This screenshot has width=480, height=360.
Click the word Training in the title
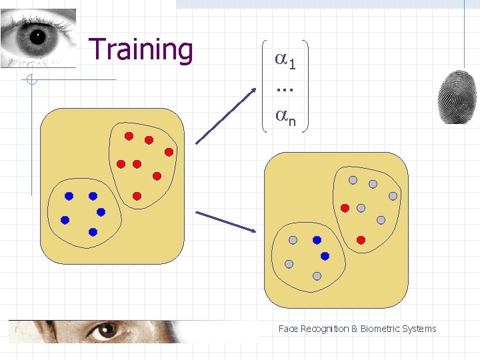(141, 49)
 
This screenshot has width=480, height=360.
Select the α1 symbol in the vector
(285, 61)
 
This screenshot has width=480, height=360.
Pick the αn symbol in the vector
(286, 116)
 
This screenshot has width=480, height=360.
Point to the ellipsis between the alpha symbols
(285, 89)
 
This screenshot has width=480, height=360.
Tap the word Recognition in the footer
(325, 329)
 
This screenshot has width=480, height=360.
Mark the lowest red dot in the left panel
(137, 196)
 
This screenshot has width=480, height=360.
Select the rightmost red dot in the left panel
(169, 151)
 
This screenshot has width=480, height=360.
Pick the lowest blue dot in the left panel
(93, 232)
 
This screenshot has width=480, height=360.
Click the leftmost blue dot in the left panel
(65, 219)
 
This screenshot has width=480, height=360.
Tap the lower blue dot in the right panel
(325, 256)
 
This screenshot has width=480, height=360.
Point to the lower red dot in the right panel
(361, 239)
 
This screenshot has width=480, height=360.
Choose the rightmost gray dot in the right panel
(393, 196)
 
